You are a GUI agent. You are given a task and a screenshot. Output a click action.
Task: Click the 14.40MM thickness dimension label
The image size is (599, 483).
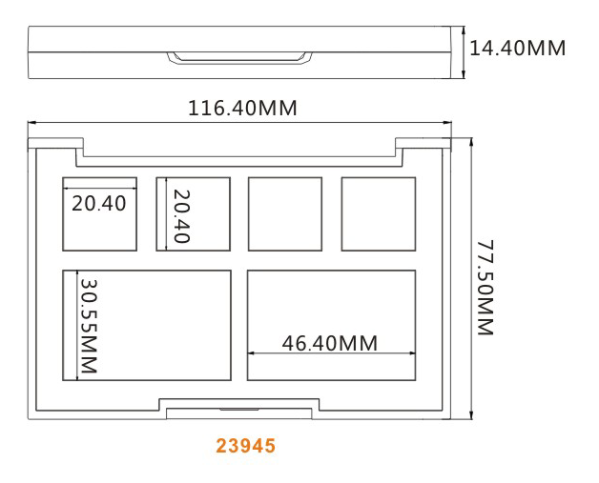[x=517, y=49]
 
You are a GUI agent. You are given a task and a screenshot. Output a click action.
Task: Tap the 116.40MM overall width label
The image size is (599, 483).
[x=242, y=108]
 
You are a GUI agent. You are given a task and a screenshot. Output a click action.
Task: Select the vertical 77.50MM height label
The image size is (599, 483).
[x=485, y=288]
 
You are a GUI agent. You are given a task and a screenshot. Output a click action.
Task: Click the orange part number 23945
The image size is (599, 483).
[x=246, y=446]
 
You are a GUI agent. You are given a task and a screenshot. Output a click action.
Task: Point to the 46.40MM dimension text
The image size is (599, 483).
[x=330, y=343]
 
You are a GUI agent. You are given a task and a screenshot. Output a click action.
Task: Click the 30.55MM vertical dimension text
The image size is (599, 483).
[x=89, y=326]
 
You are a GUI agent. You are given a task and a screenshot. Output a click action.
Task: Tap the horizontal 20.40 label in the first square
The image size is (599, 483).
[x=99, y=203]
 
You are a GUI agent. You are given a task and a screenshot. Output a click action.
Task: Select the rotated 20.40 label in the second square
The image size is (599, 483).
[x=181, y=216]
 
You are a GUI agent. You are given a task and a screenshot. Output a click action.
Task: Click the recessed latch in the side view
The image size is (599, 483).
[x=239, y=57]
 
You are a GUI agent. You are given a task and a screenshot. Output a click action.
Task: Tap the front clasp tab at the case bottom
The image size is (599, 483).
[x=239, y=413]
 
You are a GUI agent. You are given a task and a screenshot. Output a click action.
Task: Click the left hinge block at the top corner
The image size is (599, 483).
[x=55, y=143]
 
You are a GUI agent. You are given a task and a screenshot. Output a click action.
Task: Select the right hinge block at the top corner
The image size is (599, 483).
[x=423, y=143]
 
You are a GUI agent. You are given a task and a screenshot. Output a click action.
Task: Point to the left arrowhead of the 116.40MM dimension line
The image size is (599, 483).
[x=31, y=123]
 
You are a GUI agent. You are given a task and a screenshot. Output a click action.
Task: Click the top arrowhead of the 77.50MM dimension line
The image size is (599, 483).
[x=472, y=142]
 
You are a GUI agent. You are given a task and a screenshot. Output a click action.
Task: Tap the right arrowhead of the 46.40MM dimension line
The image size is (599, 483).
[x=412, y=353]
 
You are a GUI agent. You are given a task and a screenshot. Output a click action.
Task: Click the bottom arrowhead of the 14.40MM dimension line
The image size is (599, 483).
[x=464, y=74]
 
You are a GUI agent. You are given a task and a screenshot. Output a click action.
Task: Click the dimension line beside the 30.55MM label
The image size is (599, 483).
[x=77, y=326]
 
